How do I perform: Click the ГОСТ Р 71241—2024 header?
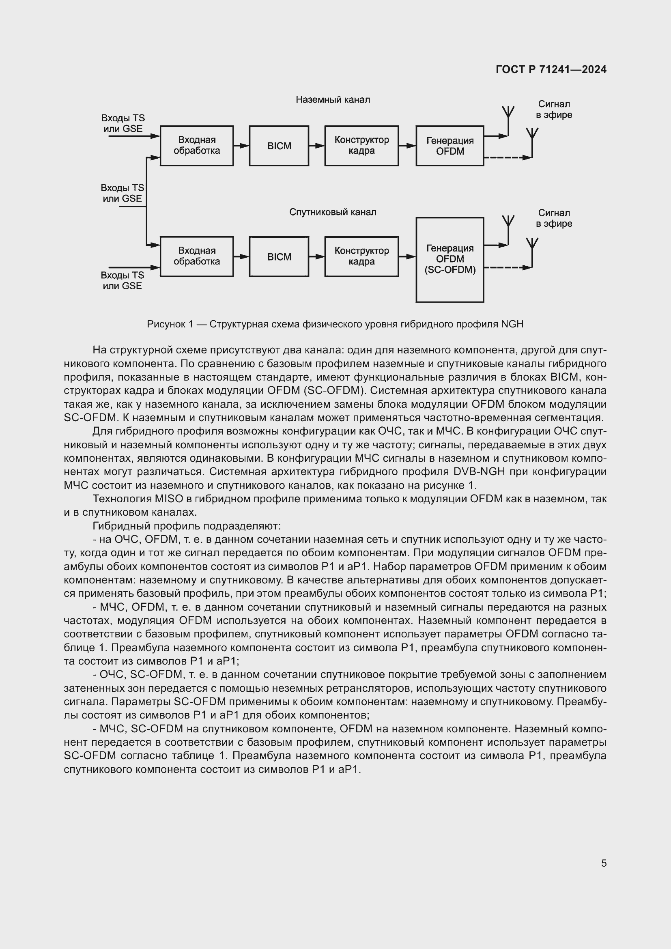(551, 69)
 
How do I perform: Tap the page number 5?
(604, 863)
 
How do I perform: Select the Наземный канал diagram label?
(333, 100)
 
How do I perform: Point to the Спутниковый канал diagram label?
(333, 212)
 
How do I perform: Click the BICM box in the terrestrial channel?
(279, 146)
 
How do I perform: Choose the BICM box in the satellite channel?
(279, 257)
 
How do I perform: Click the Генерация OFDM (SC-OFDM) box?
(449, 260)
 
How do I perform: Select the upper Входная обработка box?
(197, 146)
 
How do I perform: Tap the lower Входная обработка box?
(197, 256)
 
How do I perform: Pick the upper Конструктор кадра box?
(361, 146)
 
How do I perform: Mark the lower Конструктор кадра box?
(361, 256)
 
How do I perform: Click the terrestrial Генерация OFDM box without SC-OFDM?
(449, 146)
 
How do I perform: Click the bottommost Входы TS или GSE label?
(122, 280)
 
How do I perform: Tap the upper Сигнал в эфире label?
(554, 110)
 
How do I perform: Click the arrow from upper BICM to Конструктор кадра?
(317, 146)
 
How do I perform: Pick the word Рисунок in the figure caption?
(165, 324)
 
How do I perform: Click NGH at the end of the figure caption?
(512, 324)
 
